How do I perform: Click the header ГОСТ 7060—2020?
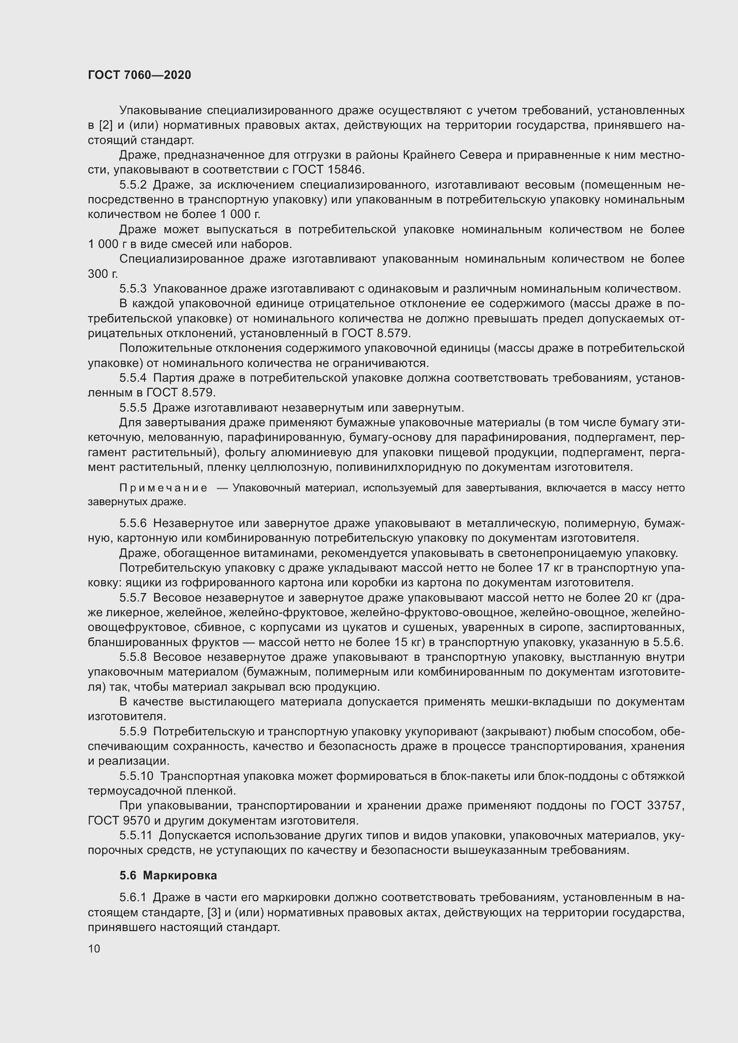[x=140, y=75]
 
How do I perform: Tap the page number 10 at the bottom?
[x=94, y=948]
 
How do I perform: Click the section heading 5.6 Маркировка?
[x=168, y=875]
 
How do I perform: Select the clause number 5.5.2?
[x=133, y=185]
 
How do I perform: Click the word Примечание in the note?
[x=163, y=488]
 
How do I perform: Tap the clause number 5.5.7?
[x=133, y=598]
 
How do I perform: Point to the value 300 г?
[x=103, y=274]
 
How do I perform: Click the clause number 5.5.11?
[x=137, y=835]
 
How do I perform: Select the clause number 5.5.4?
[x=133, y=378]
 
